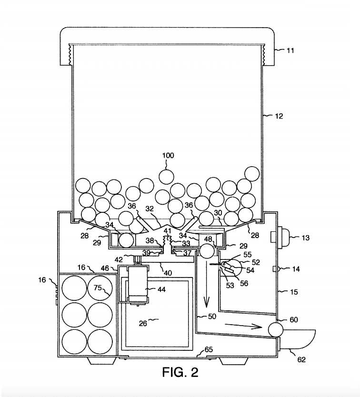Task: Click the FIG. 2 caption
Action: (180, 372)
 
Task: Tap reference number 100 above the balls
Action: (168, 156)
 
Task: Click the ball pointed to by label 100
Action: (167, 177)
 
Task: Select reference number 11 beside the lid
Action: (290, 50)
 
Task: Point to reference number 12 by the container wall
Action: (279, 116)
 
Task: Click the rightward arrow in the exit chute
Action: (243, 326)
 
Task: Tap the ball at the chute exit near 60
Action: (276, 329)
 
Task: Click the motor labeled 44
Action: (138, 285)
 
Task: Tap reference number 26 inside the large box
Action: (143, 324)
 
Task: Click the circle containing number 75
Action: (100, 288)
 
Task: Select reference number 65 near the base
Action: (209, 349)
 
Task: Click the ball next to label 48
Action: (207, 251)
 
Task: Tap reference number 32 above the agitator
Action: (150, 208)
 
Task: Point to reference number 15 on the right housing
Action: (294, 292)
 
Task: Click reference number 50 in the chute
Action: (212, 316)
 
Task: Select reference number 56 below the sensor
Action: (244, 283)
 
